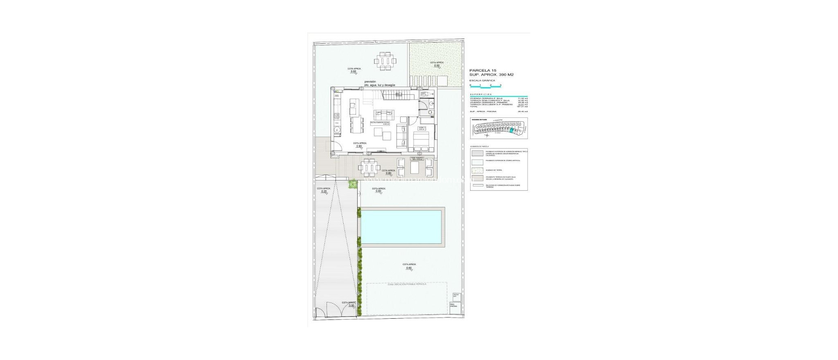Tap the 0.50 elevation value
[x=437, y=66]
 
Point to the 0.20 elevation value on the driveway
[x=324, y=191]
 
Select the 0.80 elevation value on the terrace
[x=389, y=173]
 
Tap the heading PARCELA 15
[x=483, y=70]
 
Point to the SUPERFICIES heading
[x=481, y=94]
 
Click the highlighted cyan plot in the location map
[x=512, y=130]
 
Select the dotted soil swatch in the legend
[x=477, y=170]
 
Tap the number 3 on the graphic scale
[x=500, y=85]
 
